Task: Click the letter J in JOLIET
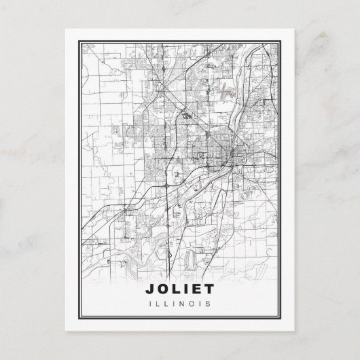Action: click(x=149, y=290)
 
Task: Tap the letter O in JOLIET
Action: click(x=163, y=290)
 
